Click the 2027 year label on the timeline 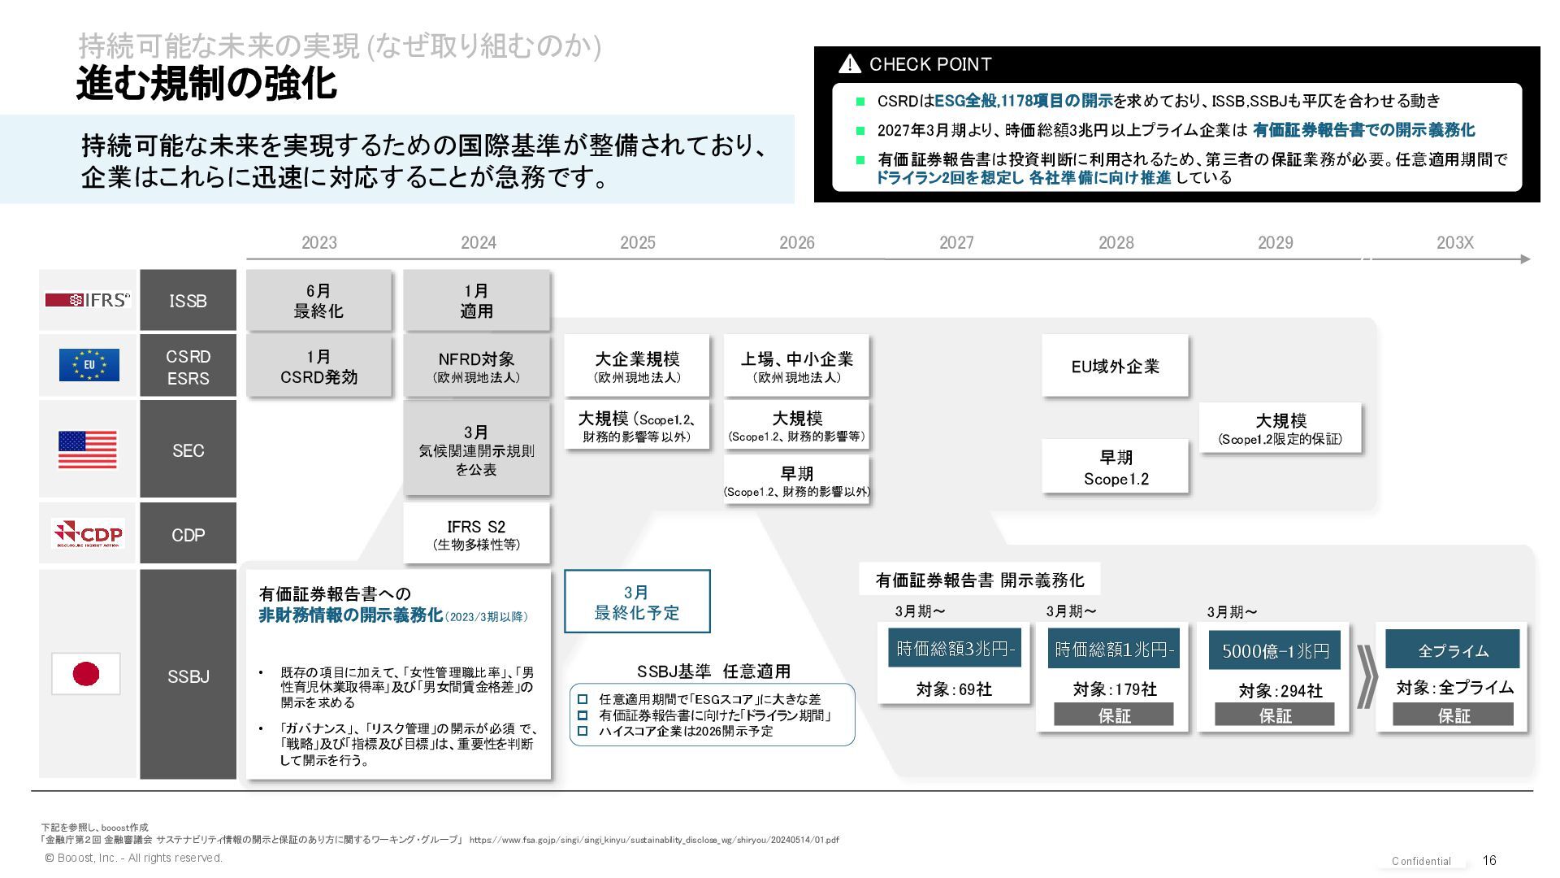tap(956, 242)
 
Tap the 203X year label tap(1454, 242)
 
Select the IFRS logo tap(88, 300)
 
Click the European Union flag tap(89, 365)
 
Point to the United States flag tap(88, 450)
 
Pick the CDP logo tap(88, 533)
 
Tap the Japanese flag tap(86, 674)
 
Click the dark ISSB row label tap(188, 301)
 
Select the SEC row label tap(188, 450)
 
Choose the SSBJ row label tap(188, 676)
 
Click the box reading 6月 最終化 tap(318, 301)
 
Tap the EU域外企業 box tap(1115, 367)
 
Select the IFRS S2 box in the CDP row tap(476, 534)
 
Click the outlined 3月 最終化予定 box tap(637, 602)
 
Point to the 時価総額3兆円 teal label tap(954, 649)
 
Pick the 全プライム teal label tap(1452, 650)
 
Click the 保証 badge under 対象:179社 tap(1114, 715)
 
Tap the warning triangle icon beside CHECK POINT tap(849, 64)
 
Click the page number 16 tap(1489, 860)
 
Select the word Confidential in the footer tap(1421, 861)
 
